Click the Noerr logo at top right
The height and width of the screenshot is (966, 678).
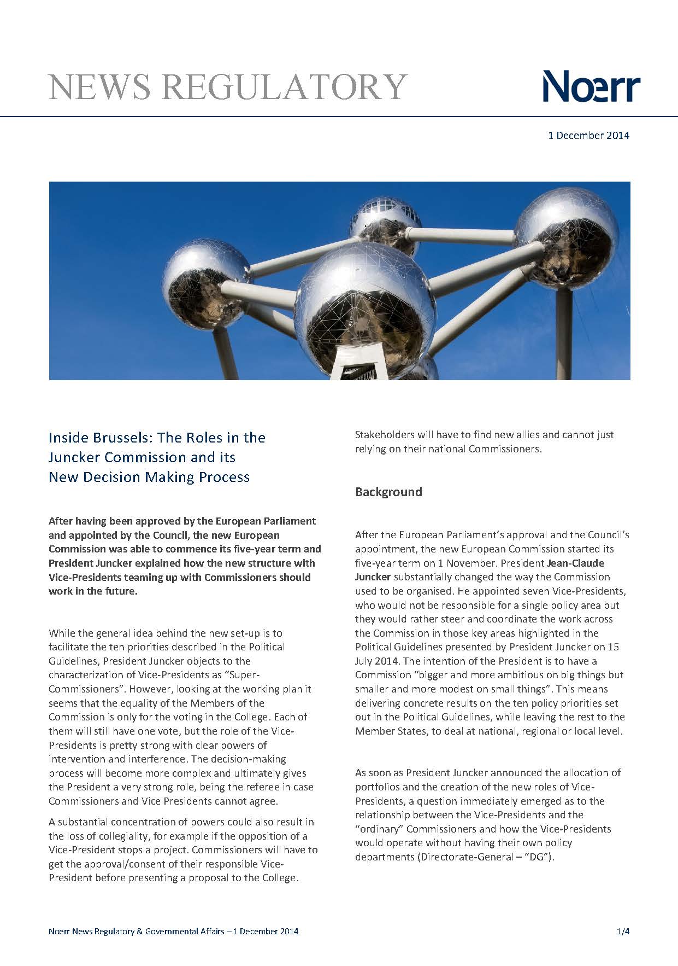[x=591, y=86]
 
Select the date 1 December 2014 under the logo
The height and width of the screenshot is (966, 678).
[x=588, y=135]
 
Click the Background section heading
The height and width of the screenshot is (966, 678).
[x=388, y=492]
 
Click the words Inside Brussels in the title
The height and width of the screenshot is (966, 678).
[x=102, y=438]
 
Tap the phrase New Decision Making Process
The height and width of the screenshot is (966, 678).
[x=149, y=477]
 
